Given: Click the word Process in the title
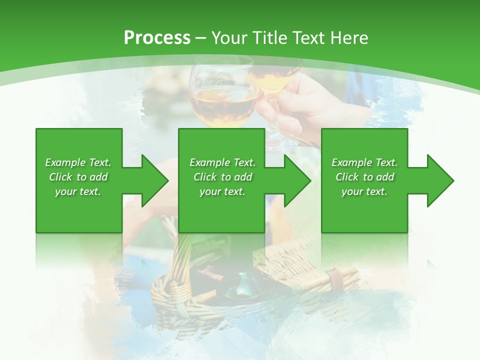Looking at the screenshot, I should click(x=157, y=37).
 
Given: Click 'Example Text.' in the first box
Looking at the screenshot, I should click(x=78, y=162).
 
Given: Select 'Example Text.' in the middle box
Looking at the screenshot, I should click(x=222, y=162).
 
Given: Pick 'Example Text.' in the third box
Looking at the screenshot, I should click(x=364, y=162).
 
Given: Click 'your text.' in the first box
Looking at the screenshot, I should click(x=78, y=191).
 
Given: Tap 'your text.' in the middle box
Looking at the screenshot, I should click(x=222, y=191).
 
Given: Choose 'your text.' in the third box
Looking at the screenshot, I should click(x=364, y=191).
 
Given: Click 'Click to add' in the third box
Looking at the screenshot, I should click(x=364, y=177).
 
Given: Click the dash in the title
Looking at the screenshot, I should click(x=201, y=38).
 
